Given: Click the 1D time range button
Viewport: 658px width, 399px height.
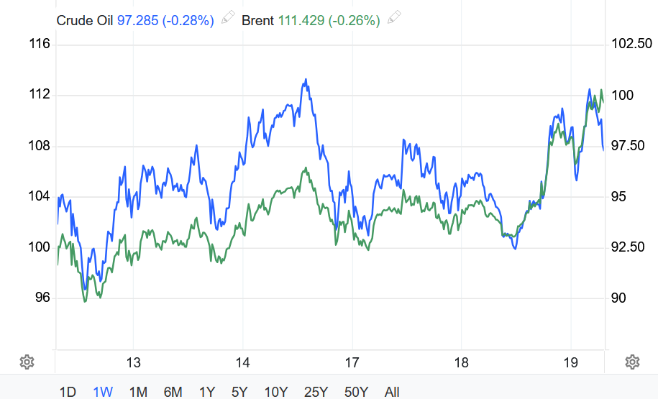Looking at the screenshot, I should pyautogui.click(x=68, y=392).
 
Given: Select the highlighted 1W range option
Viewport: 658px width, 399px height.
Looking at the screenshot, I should pyautogui.click(x=103, y=392).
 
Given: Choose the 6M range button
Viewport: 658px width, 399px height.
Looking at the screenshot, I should pyautogui.click(x=173, y=392).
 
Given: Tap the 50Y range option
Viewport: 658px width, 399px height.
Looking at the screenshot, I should pyautogui.click(x=357, y=392).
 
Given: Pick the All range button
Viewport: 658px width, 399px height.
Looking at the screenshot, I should pyautogui.click(x=392, y=392).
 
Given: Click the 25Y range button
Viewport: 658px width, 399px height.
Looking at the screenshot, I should pyautogui.click(x=315, y=392).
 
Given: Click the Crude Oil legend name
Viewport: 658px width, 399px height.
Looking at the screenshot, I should pyautogui.click(x=85, y=21).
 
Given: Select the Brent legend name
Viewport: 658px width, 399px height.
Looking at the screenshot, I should pyautogui.click(x=257, y=21).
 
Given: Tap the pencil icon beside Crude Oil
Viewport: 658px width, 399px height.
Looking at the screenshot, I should pyautogui.click(x=228, y=19).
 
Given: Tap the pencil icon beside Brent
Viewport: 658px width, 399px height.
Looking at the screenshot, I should pyautogui.click(x=394, y=19).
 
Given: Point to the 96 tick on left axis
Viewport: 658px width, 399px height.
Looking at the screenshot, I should pyautogui.click(x=42, y=298).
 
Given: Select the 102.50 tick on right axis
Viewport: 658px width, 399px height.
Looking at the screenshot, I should pyautogui.click(x=631, y=45).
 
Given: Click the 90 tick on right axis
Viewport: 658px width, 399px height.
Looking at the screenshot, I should pyautogui.click(x=618, y=298).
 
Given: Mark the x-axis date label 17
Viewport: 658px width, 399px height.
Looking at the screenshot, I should pyautogui.click(x=352, y=362).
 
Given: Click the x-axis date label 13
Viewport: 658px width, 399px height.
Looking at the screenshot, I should pyautogui.click(x=132, y=362).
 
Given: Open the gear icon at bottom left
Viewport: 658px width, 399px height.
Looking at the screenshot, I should pyautogui.click(x=27, y=362).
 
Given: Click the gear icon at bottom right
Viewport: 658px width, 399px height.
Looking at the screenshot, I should pyautogui.click(x=632, y=362).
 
